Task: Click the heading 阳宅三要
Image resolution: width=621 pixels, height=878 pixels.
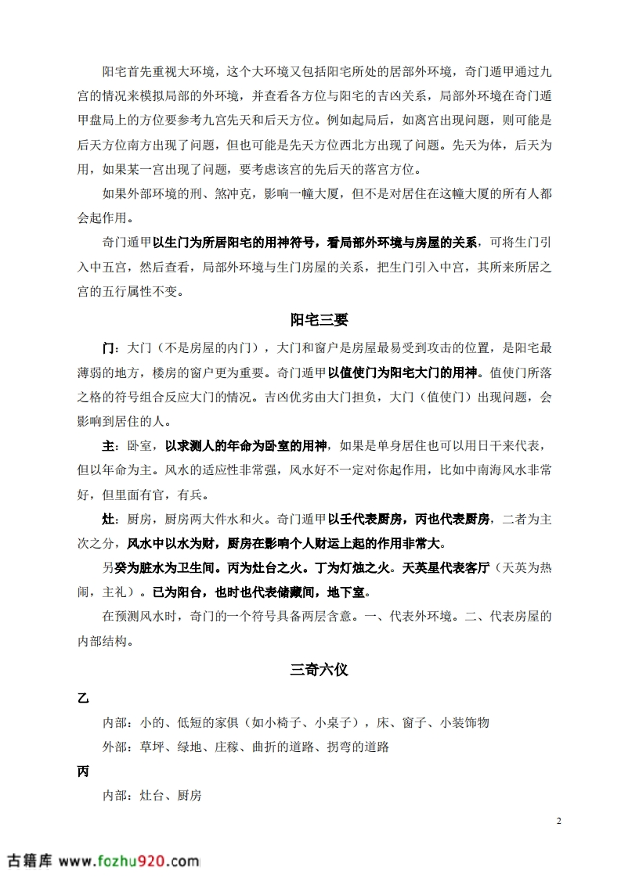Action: coord(319,320)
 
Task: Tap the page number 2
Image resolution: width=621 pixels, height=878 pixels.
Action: coord(558,821)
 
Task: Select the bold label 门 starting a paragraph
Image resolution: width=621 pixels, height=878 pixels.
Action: coord(109,347)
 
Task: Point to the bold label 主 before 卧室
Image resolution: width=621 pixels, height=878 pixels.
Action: coord(109,446)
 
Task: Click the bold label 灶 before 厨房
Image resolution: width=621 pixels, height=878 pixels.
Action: coord(109,518)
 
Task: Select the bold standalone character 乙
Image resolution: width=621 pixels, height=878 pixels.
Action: coord(83,696)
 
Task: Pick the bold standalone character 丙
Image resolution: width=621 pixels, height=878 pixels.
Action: coord(83,772)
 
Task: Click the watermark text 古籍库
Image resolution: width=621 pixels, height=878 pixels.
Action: coord(30,861)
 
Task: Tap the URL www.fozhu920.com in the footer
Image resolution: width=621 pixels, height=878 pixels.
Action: coord(129,861)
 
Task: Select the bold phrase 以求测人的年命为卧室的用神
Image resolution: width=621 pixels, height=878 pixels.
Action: coord(246,446)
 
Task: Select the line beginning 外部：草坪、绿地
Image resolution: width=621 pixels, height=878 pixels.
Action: coord(246,747)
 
